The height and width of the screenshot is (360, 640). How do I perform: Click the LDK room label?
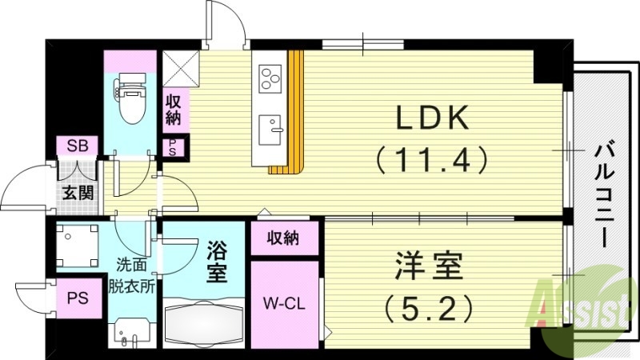click(x=432, y=119)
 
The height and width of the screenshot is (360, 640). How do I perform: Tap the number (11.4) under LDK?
click(x=432, y=161)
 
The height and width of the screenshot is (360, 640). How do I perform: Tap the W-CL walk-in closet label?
click(x=284, y=303)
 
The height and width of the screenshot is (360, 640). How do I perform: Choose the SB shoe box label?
click(x=78, y=146)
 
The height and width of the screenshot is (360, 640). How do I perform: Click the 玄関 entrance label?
click(x=78, y=192)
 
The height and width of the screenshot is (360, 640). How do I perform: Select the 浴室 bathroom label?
click(x=216, y=260)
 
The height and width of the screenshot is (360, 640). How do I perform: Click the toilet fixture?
click(x=130, y=95)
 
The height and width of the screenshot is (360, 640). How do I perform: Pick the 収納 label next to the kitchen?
click(x=174, y=110)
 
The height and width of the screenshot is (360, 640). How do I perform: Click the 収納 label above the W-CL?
click(x=283, y=238)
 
